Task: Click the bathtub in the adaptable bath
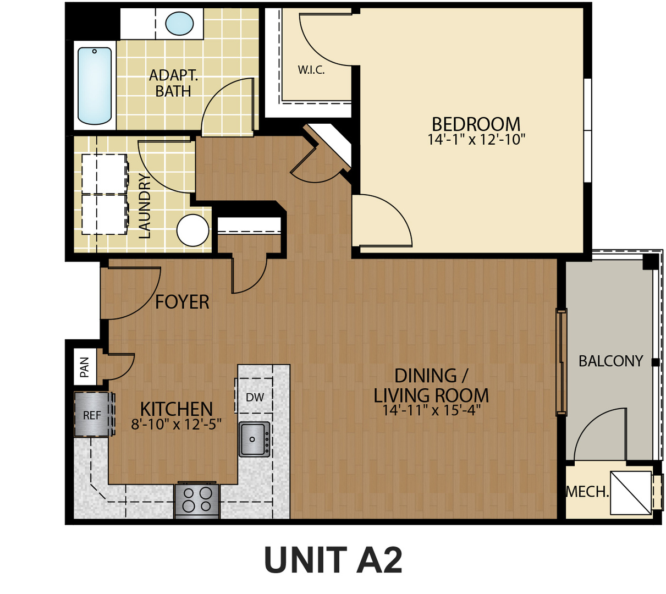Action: pos(95,86)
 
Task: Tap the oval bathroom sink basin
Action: pos(179,24)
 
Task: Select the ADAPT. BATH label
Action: pos(173,83)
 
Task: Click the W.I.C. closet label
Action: pos(311,70)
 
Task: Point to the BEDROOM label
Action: pos(476,124)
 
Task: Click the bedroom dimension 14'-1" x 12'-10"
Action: pos(476,140)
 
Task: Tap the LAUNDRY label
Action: pos(144,206)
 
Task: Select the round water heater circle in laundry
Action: pos(193,230)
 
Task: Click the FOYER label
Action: pos(182,302)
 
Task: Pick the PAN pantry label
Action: pos(85,367)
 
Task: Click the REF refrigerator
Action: pos(92,415)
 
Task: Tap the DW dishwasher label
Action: pos(255,397)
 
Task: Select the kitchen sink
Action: pos(254,439)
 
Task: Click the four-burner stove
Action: pos(197,501)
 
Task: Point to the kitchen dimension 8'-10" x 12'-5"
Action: pos(176,425)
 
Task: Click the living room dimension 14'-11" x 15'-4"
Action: pos(431,410)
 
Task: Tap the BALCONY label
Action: pos(610,361)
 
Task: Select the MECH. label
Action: pos(587,492)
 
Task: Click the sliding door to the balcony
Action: pos(562,362)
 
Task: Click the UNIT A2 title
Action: pos(333,560)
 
